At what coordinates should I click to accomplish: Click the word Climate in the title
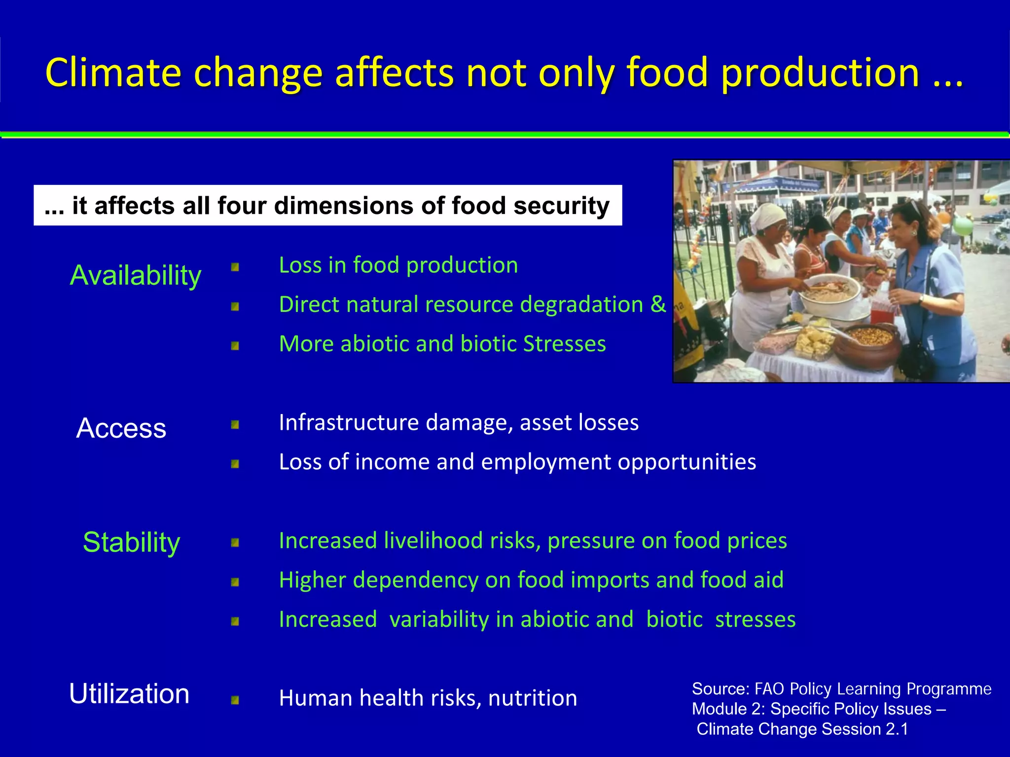[x=113, y=73]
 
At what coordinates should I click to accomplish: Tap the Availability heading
[x=136, y=275]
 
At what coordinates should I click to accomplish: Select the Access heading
[x=121, y=428]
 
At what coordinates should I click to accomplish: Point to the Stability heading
[x=131, y=542]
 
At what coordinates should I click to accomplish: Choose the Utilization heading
[x=129, y=694]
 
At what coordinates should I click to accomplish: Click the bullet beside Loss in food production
[x=235, y=268]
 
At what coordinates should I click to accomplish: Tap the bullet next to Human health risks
[x=235, y=700]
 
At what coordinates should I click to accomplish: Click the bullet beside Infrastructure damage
[x=235, y=425]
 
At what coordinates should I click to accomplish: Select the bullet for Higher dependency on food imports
[x=235, y=583]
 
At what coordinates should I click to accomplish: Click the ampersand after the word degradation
[x=658, y=305]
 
